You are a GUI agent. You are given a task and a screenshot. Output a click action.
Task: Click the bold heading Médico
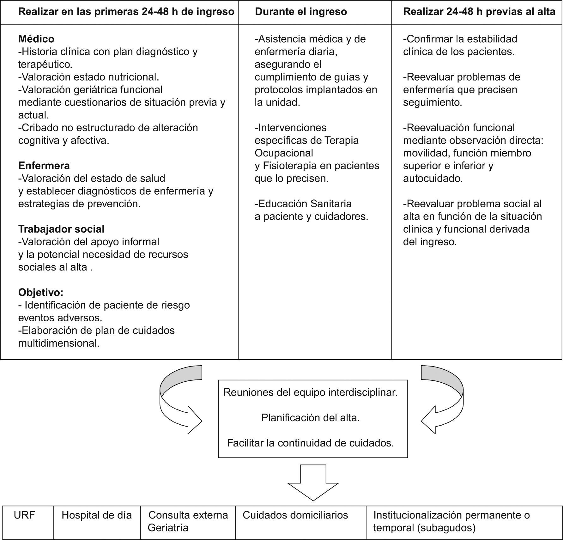[x=36, y=39]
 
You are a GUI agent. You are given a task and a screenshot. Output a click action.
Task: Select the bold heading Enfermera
[x=44, y=166]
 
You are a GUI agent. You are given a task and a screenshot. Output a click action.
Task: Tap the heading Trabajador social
[x=61, y=229]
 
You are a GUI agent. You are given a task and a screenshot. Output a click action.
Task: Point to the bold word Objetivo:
[x=41, y=292]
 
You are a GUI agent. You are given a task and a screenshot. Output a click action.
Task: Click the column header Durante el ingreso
[x=301, y=12]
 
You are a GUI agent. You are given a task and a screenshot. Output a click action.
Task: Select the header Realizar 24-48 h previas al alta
[x=479, y=12]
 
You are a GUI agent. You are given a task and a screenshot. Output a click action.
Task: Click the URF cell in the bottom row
[x=24, y=515]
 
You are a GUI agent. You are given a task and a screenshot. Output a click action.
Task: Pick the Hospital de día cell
[x=96, y=515]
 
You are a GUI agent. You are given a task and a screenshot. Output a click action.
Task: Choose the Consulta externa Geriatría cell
[x=188, y=521]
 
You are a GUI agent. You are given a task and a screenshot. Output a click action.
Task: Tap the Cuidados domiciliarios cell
[x=295, y=515]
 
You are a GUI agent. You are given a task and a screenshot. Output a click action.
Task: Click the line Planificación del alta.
[x=310, y=418]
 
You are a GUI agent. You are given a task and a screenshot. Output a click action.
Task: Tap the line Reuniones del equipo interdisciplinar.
[x=310, y=392]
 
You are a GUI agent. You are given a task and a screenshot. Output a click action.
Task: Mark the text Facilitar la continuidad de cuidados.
[x=310, y=443]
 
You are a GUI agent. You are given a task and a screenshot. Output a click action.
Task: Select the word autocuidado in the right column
[x=432, y=179]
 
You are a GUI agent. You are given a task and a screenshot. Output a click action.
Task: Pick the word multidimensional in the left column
[x=58, y=343]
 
